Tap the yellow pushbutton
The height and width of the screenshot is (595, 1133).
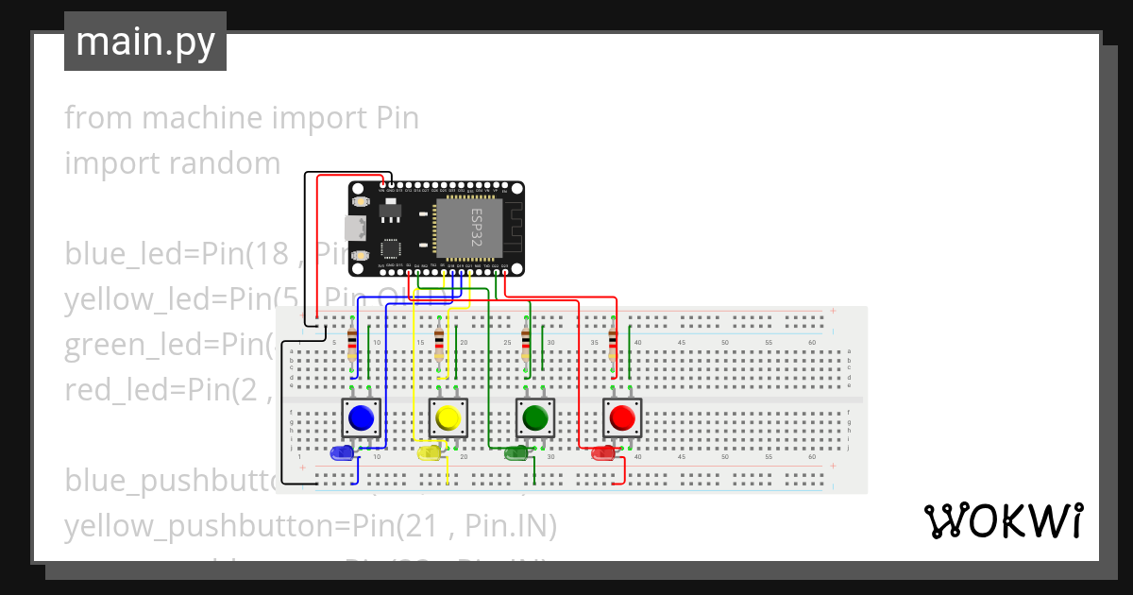[x=448, y=417]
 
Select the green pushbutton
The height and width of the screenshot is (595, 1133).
[x=534, y=417]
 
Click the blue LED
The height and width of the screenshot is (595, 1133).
[x=340, y=453]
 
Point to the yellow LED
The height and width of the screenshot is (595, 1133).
[x=428, y=453]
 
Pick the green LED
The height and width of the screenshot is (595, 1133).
[x=516, y=453]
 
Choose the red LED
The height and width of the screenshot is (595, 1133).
[x=602, y=453]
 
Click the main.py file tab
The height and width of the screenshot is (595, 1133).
[x=145, y=42]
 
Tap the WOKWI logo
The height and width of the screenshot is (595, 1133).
[x=1002, y=520]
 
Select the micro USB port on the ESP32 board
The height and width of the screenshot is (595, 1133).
[x=356, y=228]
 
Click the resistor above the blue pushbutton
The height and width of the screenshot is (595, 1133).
[x=352, y=345]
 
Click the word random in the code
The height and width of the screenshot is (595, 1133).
[x=225, y=163]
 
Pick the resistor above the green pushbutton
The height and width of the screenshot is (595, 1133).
[x=526, y=345]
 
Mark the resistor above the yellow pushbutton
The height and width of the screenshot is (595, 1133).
[x=439, y=345]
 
